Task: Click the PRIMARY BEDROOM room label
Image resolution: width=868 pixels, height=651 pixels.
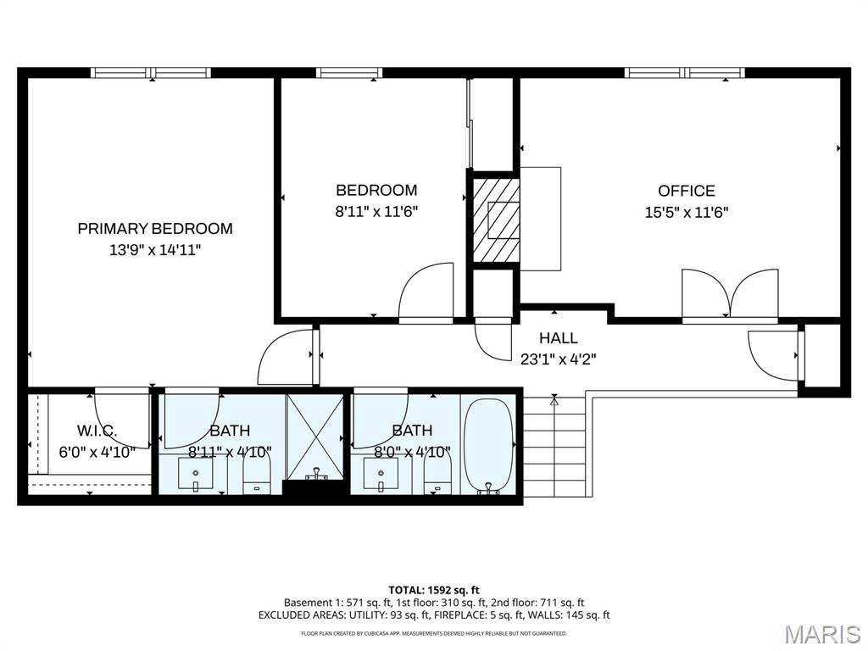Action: (155, 228)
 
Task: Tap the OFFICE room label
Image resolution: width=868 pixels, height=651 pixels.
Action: (687, 191)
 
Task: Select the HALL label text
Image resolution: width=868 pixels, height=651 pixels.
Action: (558, 338)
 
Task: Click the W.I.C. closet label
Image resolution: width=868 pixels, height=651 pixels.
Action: (97, 431)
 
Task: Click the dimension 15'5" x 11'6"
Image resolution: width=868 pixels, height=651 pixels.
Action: (687, 212)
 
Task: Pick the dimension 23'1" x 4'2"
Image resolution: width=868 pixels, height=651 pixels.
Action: (558, 359)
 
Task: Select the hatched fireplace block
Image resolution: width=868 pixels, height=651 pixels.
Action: (495, 220)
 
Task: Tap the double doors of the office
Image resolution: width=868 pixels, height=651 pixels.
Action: (730, 296)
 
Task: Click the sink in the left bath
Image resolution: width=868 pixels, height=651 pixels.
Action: (196, 476)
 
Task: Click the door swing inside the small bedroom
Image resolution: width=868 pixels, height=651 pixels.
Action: (426, 292)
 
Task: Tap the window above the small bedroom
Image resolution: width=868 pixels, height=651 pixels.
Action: (349, 73)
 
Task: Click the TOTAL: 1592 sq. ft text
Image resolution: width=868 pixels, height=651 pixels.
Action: (434, 589)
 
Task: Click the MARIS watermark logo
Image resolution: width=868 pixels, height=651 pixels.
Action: (822, 634)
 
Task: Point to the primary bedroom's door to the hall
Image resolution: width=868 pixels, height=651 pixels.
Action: (288, 357)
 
